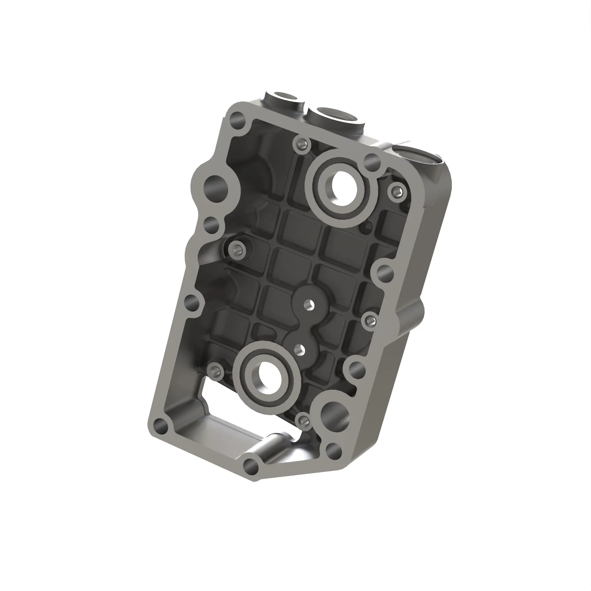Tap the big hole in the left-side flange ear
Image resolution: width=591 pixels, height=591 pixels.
217,186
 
